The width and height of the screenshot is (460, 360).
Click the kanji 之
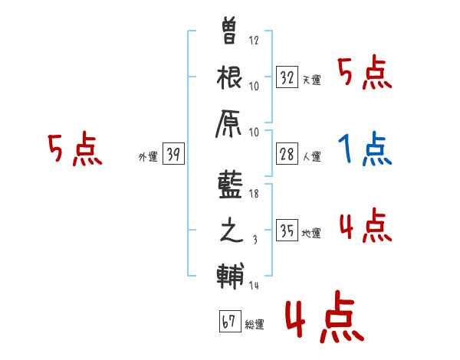[231, 232]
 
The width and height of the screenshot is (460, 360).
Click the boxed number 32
[287, 77]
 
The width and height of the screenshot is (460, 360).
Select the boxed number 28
[287, 154]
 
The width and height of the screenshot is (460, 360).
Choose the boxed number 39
[173, 155]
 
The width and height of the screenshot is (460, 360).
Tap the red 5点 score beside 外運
[74, 149]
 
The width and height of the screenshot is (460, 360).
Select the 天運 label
[311, 80]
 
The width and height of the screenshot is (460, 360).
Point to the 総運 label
[255, 325]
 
